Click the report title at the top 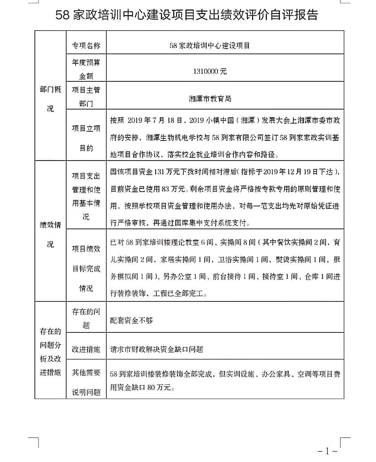[187, 15]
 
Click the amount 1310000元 [210, 71]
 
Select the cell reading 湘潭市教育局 [210, 99]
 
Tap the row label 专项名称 [86, 46]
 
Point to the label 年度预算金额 [86, 69]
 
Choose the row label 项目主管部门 [86, 97]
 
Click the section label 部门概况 [50, 99]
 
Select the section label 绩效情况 [50, 235]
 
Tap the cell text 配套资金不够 [132, 320]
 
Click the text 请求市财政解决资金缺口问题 [157, 349]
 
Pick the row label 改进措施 [86, 349]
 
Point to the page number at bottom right [327, 451]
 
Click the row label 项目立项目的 [86, 138]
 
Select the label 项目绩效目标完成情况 [86, 268]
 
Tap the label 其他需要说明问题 [86, 382]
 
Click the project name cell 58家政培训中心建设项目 [210, 46]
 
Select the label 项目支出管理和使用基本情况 [86, 196]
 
